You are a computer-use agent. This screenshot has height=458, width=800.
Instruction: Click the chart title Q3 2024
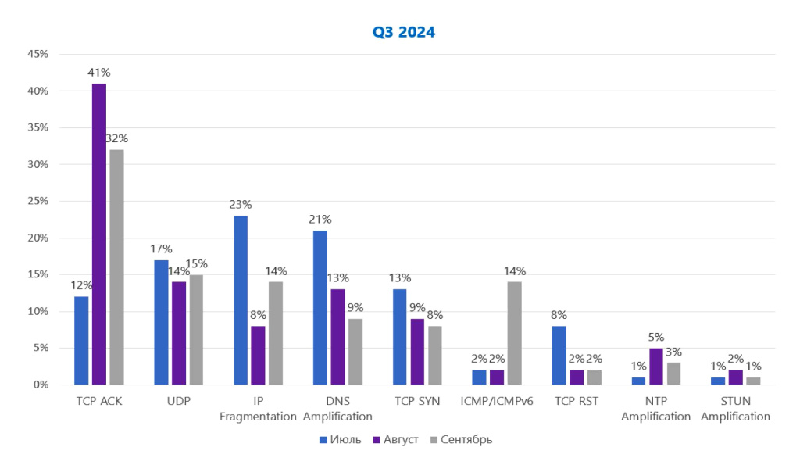(403, 32)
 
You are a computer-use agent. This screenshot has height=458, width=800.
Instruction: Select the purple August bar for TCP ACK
(99, 234)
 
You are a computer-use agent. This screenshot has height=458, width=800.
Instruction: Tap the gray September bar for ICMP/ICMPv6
(514, 333)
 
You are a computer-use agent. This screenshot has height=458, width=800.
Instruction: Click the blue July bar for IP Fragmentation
(241, 300)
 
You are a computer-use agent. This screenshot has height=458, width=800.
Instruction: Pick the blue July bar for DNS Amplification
(320, 307)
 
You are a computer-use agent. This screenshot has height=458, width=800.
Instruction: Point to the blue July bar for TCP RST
(559, 355)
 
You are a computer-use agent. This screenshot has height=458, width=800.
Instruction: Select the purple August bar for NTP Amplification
(656, 366)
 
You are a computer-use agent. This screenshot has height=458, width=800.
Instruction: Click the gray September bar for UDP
(196, 329)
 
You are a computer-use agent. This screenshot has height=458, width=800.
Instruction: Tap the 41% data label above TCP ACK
(98, 73)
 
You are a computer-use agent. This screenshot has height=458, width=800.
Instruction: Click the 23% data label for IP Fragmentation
(241, 205)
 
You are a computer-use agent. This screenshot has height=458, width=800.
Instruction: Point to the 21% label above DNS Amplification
(320, 220)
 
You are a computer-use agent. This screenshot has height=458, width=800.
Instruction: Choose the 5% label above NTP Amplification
(656, 337)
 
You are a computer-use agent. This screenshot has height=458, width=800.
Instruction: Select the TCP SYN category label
(417, 401)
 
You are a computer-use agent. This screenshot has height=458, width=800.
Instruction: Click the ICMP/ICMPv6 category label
(497, 401)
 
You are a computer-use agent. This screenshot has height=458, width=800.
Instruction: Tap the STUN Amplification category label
(735, 409)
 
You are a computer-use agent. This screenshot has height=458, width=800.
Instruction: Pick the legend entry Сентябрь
(460, 439)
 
